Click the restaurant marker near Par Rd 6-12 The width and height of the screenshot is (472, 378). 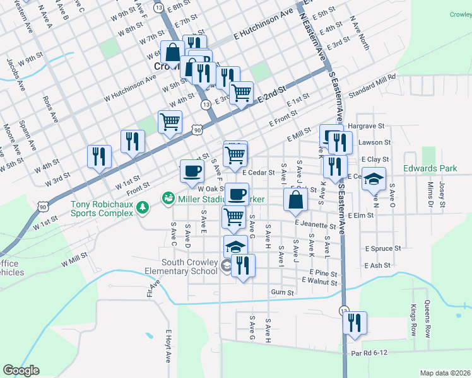pyautogui.click(x=354, y=323)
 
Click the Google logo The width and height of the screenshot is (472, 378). pyautogui.click(x=21, y=370)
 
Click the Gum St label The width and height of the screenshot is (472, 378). pyautogui.click(x=282, y=292)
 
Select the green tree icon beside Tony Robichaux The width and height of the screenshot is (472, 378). pyautogui.click(x=143, y=207)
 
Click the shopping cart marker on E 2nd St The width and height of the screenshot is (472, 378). pyautogui.click(x=241, y=93)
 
